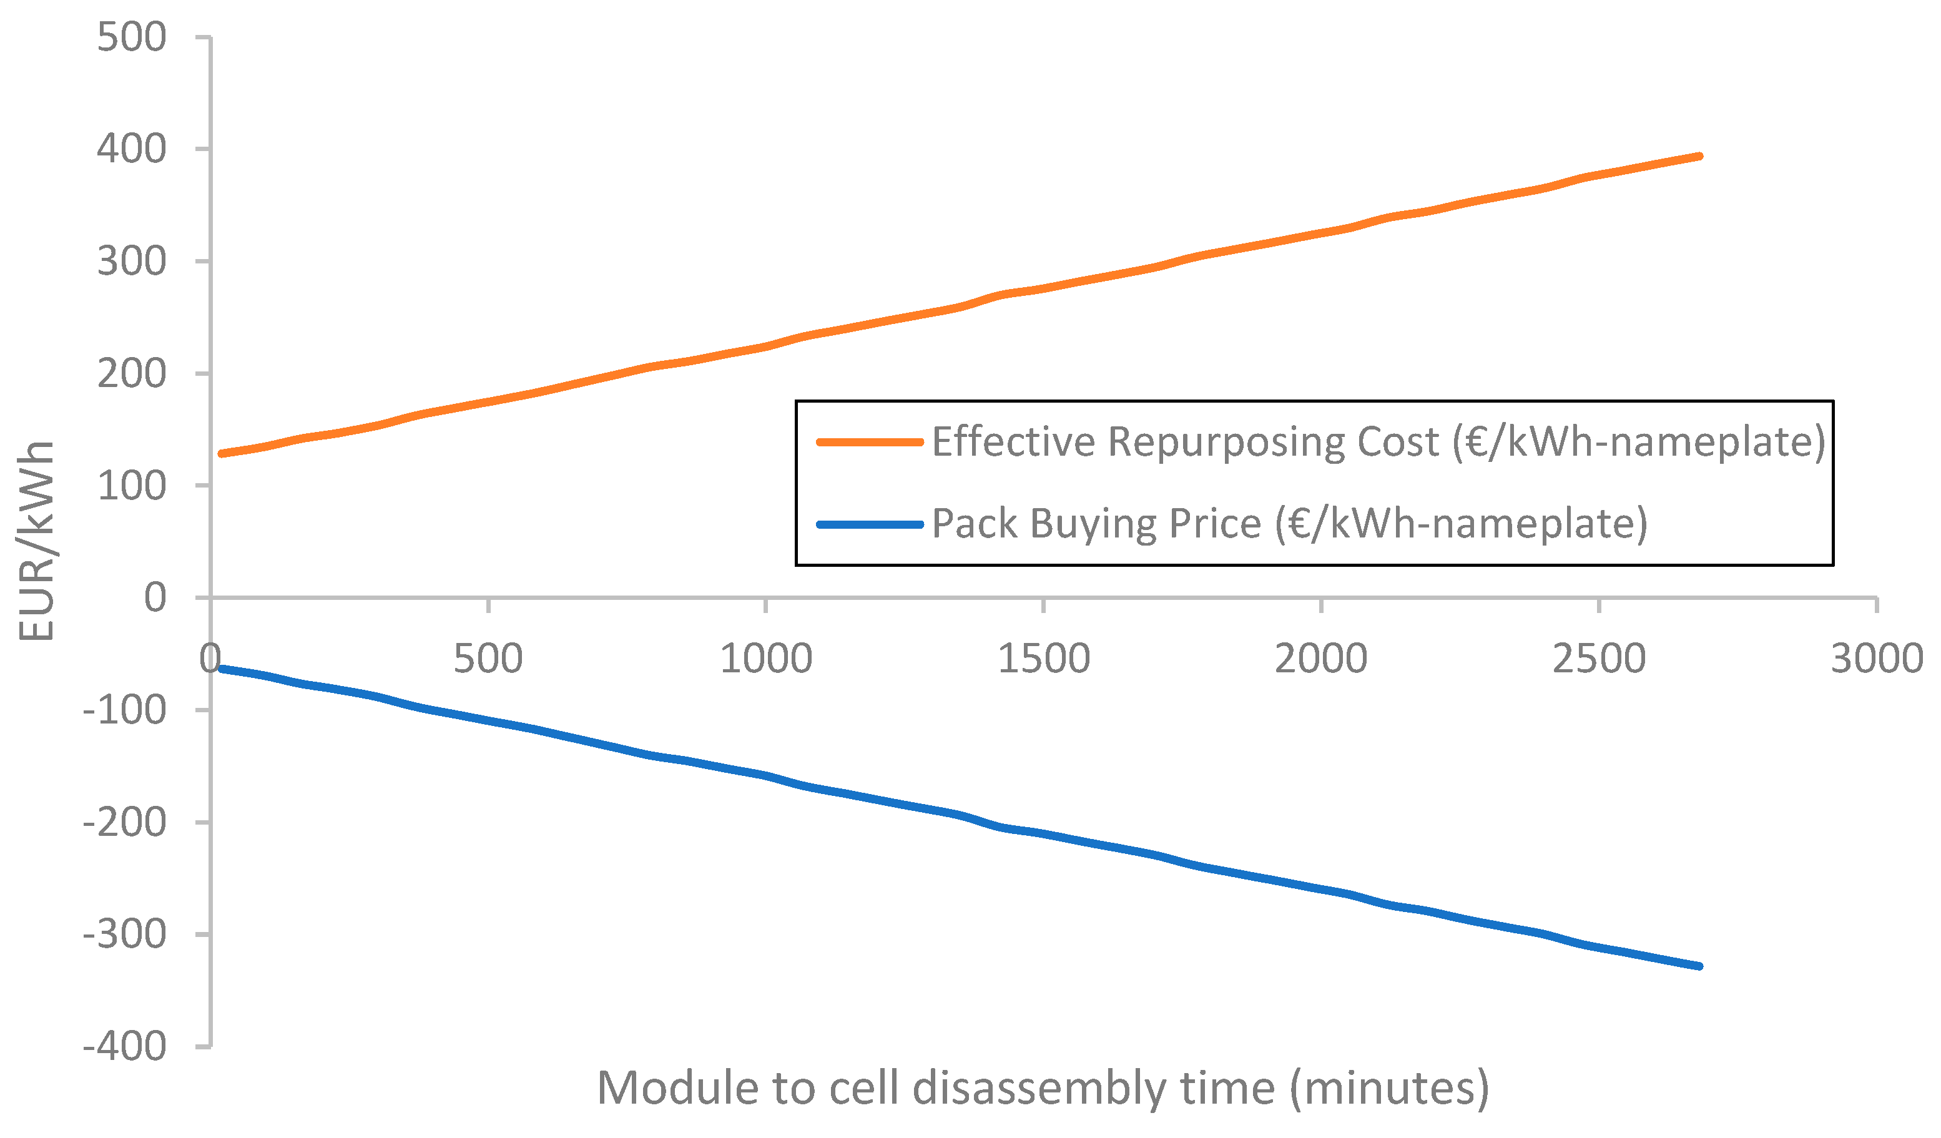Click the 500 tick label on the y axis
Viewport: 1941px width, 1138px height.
[131, 37]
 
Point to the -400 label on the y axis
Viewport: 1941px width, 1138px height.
[124, 1047]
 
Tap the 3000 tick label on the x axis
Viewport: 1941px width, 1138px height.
[1876, 659]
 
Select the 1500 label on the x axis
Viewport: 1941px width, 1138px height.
[1044, 659]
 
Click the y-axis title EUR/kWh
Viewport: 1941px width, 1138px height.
[36, 541]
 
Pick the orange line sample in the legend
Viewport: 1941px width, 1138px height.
[870, 442]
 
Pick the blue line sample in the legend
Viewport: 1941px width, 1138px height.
[870, 524]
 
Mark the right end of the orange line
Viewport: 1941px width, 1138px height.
[1699, 156]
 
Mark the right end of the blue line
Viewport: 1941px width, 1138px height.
[1699, 966]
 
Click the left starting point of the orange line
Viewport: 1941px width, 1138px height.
[222, 453]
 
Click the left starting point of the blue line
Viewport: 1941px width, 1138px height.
[222, 669]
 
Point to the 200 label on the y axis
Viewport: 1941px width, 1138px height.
[131, 374]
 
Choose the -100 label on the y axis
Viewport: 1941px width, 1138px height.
[124, 710]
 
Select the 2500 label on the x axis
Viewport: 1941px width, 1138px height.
[1599, 659]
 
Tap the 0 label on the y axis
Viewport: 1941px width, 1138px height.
[155, 597]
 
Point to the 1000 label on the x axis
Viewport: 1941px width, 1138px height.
[765, 659]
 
